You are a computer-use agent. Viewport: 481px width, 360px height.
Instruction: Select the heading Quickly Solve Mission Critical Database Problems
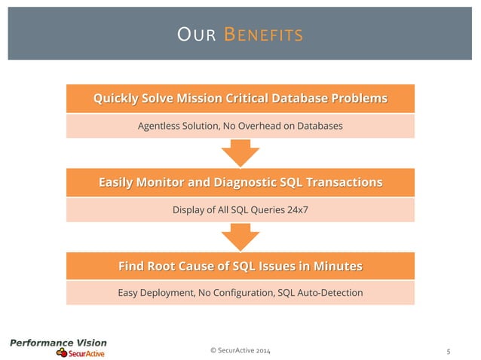(x=240, y=98)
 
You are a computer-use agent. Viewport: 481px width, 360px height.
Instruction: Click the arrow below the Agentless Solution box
(x=240, y=154)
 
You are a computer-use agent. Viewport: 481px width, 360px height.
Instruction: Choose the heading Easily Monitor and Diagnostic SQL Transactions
(x=240, y=182)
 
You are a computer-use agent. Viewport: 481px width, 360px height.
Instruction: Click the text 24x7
(x=296, y=209)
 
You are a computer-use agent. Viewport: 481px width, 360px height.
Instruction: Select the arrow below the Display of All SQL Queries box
(x=240, y=238)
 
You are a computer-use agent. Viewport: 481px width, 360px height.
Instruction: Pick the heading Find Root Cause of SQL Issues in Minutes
(x=240, y=266)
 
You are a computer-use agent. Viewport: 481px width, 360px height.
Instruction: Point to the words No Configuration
(x=234, y=292)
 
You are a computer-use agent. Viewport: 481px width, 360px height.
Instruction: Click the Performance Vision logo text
(x=58, y=343)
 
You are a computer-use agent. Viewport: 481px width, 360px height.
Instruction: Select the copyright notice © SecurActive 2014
(x=241, y=351)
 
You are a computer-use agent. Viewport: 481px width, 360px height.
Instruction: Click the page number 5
(x=449, y=351)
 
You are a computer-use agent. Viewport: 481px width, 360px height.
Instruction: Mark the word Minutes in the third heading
(x=335, y=266)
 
